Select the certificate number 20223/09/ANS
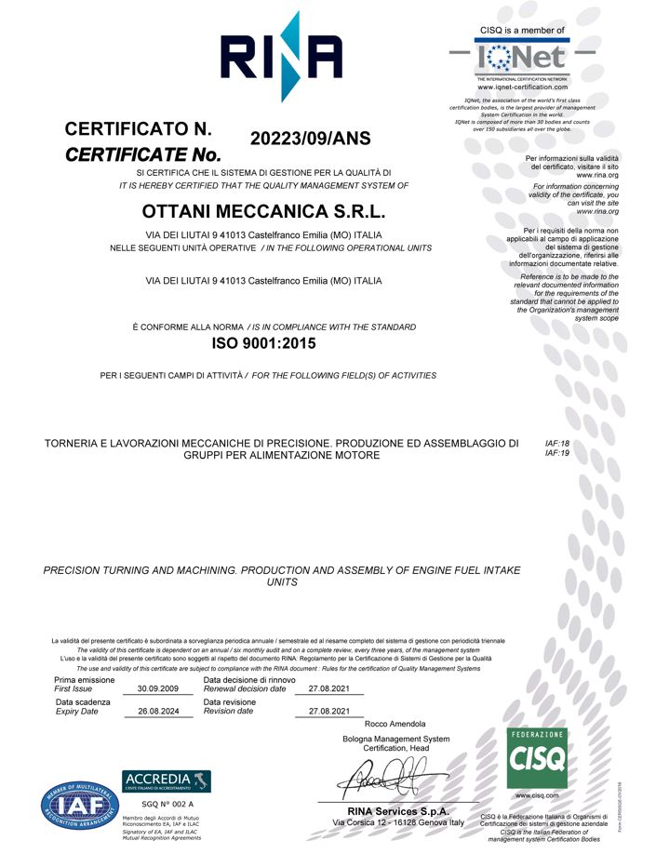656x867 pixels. [x=311, y=140]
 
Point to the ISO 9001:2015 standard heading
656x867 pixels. [x=264, y=343]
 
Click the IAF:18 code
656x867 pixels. [x=556, y=445]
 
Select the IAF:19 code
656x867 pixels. [x=556, y=454]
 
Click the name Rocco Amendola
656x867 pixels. [x=395, y=724]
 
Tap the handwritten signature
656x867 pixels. [x=385, y=775]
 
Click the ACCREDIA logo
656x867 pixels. [x=167, y=780]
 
